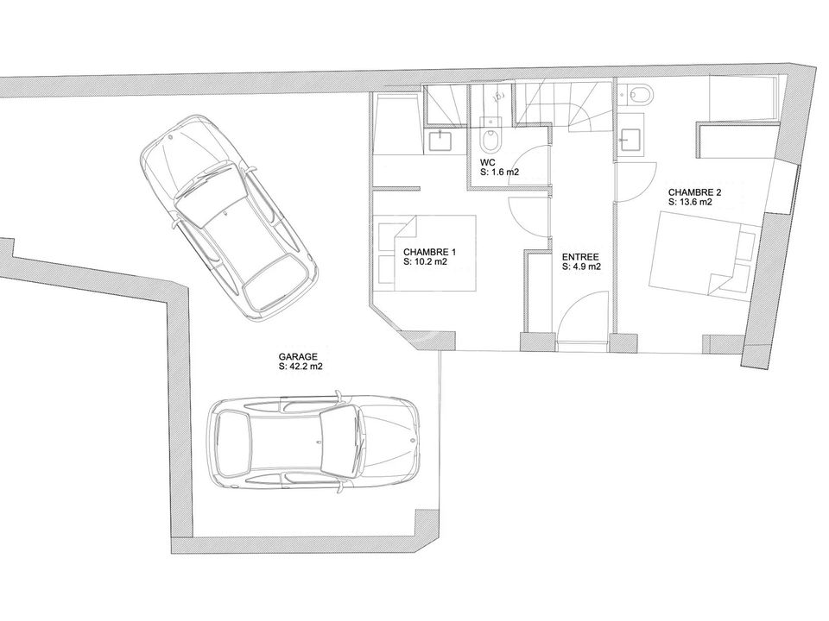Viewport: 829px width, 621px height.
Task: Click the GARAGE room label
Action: click(x=298, y=357)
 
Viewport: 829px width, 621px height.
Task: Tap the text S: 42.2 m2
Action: click(x=301, y=367)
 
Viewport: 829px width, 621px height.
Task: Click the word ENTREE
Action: click(x=580, y=257)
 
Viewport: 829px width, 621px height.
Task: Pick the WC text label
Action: click(x=488, y=163)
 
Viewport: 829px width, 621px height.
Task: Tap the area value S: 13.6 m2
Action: click(x=690, y=202)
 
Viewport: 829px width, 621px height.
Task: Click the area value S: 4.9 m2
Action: click(x=581, y=267)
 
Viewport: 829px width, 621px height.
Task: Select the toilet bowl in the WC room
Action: click(x=490, y=136)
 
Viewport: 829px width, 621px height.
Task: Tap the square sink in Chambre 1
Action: click(x=440, y=141)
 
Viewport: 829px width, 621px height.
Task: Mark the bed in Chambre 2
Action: click(x=702, y=255)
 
